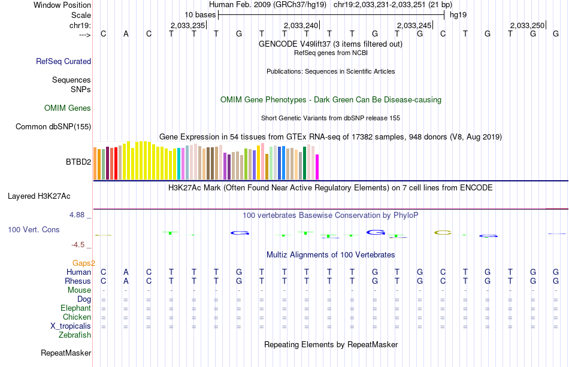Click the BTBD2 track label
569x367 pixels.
click(78, 162)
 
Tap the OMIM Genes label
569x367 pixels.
click(68, 108)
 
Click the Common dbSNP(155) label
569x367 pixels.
click(53, 126)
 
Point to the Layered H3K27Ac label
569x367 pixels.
click(39, 196)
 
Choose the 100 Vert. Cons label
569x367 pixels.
click(34, 229)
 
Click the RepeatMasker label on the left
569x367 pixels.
click(66, 353)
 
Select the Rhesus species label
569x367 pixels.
click(78, 281)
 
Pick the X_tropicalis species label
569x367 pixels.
click(71, 326)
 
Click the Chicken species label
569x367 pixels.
click(77, 317)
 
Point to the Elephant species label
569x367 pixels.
click(75, 308)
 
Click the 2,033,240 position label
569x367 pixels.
click(301, 25)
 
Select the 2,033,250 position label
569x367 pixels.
click(527, 25)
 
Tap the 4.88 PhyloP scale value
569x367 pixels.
click(80, 214)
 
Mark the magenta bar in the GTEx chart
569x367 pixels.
click(317, 167)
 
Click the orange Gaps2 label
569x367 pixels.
click(84, 263)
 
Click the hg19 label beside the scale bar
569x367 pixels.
click(458, 14)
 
